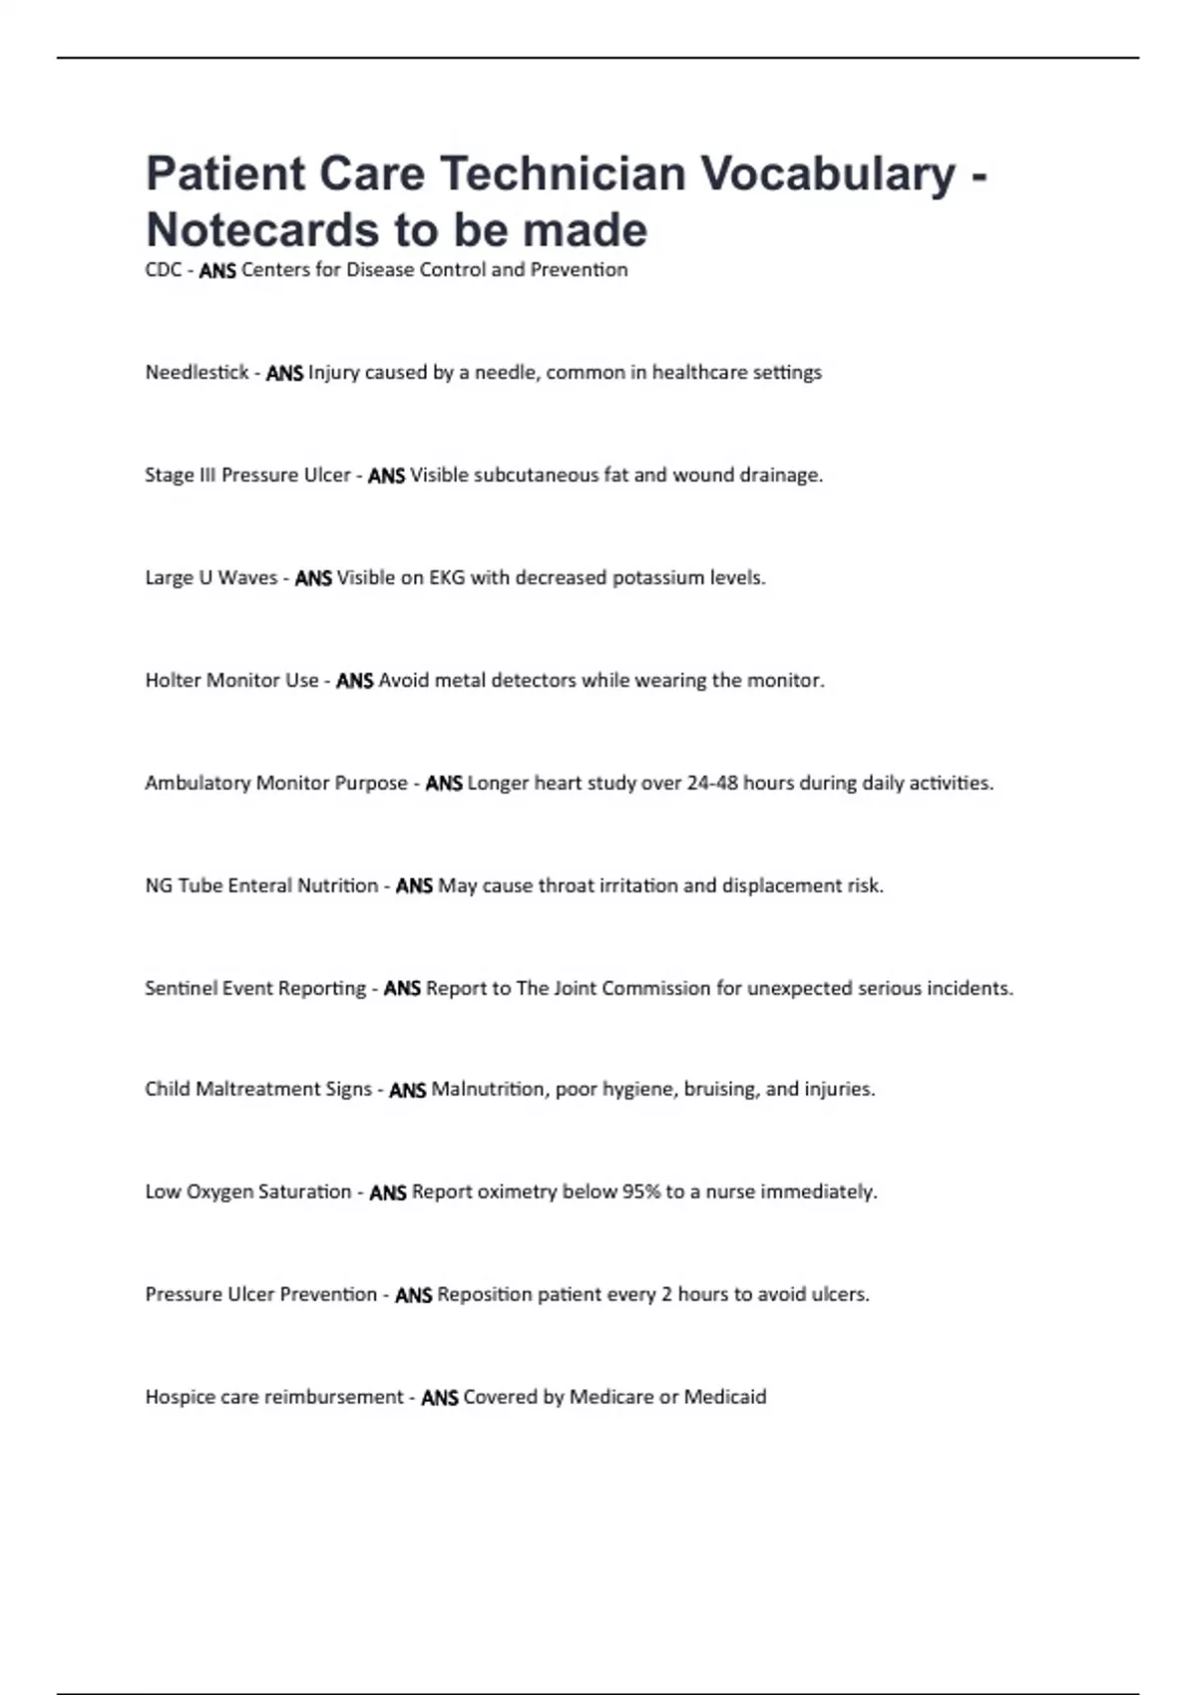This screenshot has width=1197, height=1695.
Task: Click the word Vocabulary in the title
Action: tap(828, 173)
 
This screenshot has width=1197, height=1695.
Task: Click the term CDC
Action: tap(163, 270)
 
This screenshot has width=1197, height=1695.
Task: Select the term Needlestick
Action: tap(197, 373)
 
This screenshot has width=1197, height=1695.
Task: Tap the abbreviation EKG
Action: tap(447, 578)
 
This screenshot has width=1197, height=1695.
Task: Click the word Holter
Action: tap(173, 681)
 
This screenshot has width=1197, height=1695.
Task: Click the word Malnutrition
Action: tap(488, 1090)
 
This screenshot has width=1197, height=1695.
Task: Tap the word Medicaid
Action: tap(725, 1398)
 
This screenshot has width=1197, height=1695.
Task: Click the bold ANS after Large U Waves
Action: tap(313, 579)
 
